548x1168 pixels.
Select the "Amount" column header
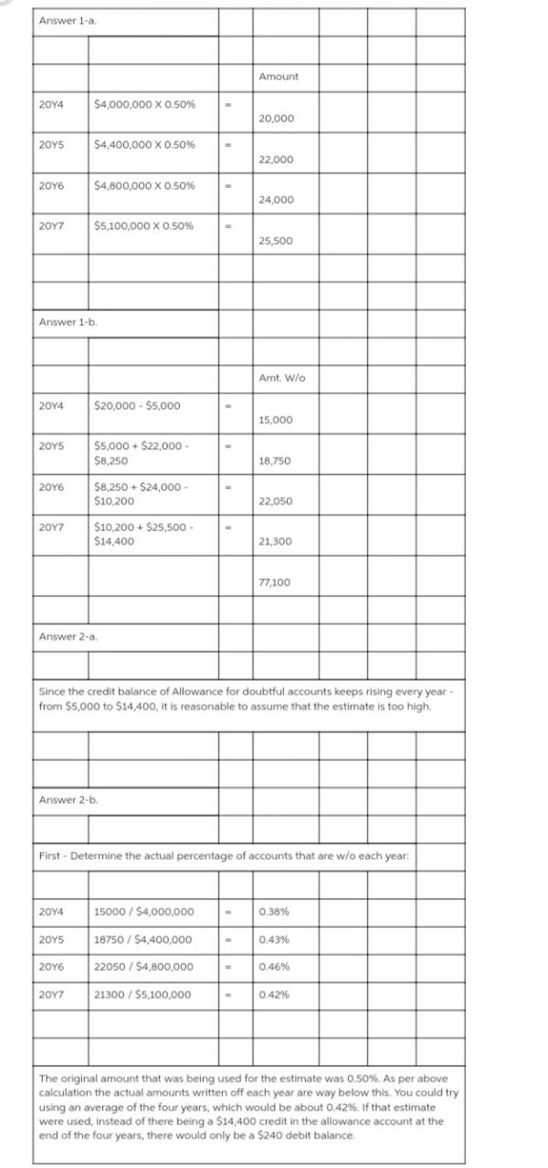278,77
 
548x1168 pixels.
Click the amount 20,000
276,120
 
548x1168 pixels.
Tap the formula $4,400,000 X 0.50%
143,145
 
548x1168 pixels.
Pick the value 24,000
276,200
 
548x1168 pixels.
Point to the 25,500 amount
276,241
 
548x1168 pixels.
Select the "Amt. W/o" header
279,378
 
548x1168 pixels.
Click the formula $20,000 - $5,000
137,405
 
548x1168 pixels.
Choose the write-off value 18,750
276,462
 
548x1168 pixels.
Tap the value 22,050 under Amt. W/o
276,502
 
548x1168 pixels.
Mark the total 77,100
276,581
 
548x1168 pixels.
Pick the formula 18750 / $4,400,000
143,940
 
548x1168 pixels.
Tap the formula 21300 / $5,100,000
143,995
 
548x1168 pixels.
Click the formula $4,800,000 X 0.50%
143,186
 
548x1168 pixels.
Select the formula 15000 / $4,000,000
143,912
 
